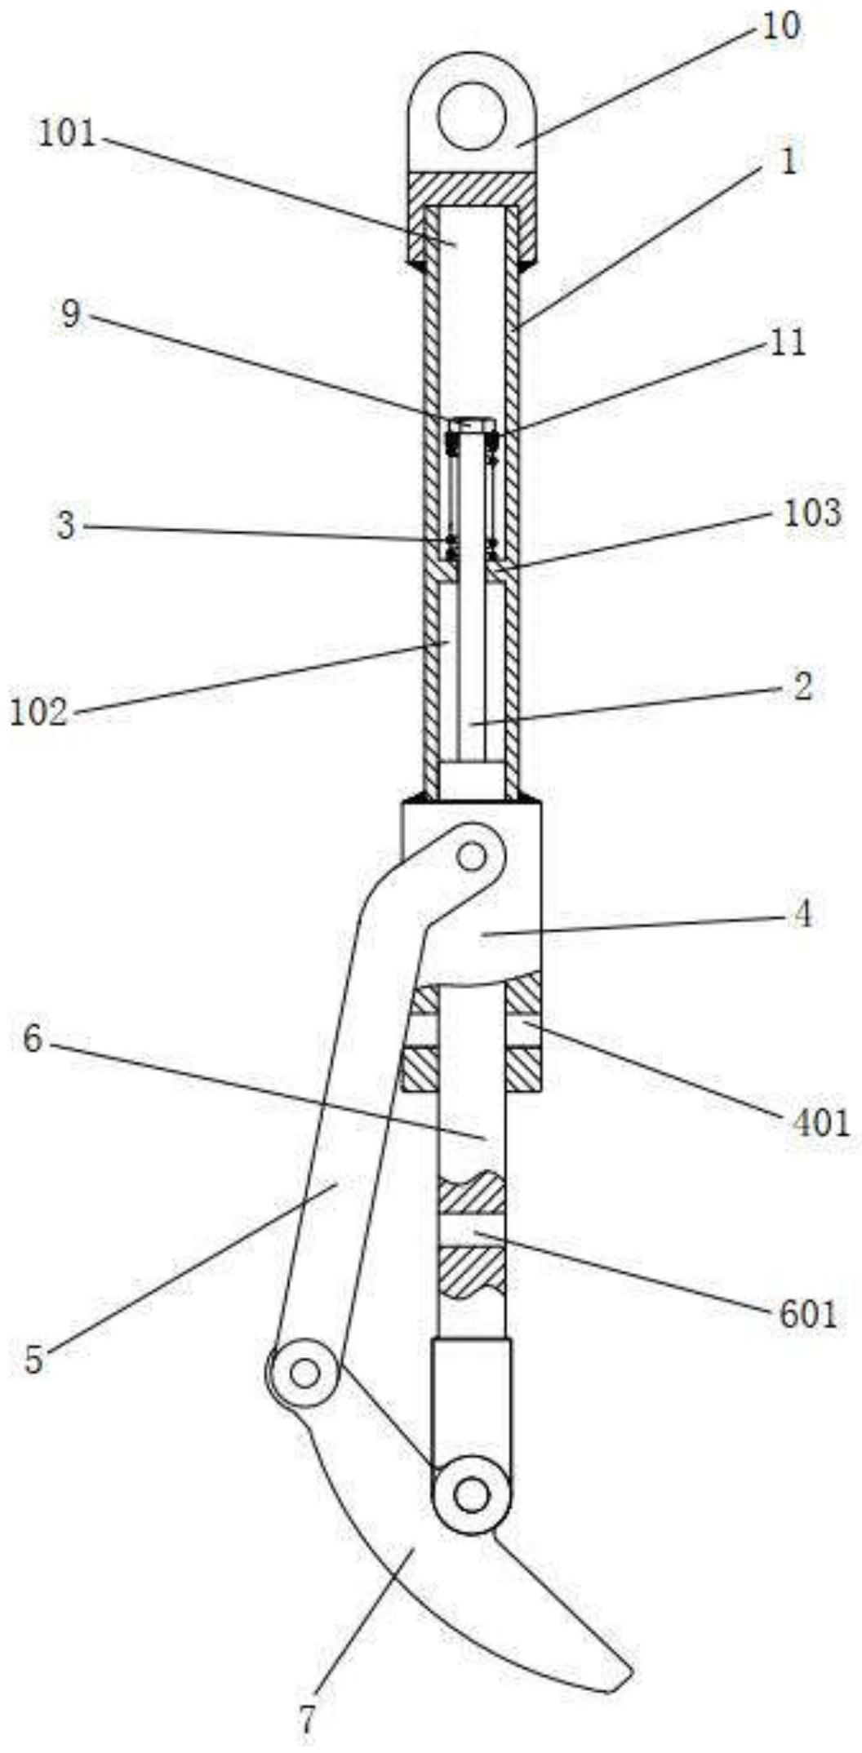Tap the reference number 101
68,134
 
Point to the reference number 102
38,712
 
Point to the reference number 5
33,1360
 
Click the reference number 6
32,1039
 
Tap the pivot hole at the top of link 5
471,857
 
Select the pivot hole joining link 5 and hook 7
304,1374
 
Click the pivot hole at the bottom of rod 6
471,1496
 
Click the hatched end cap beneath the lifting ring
472,189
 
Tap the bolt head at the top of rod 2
470,425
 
